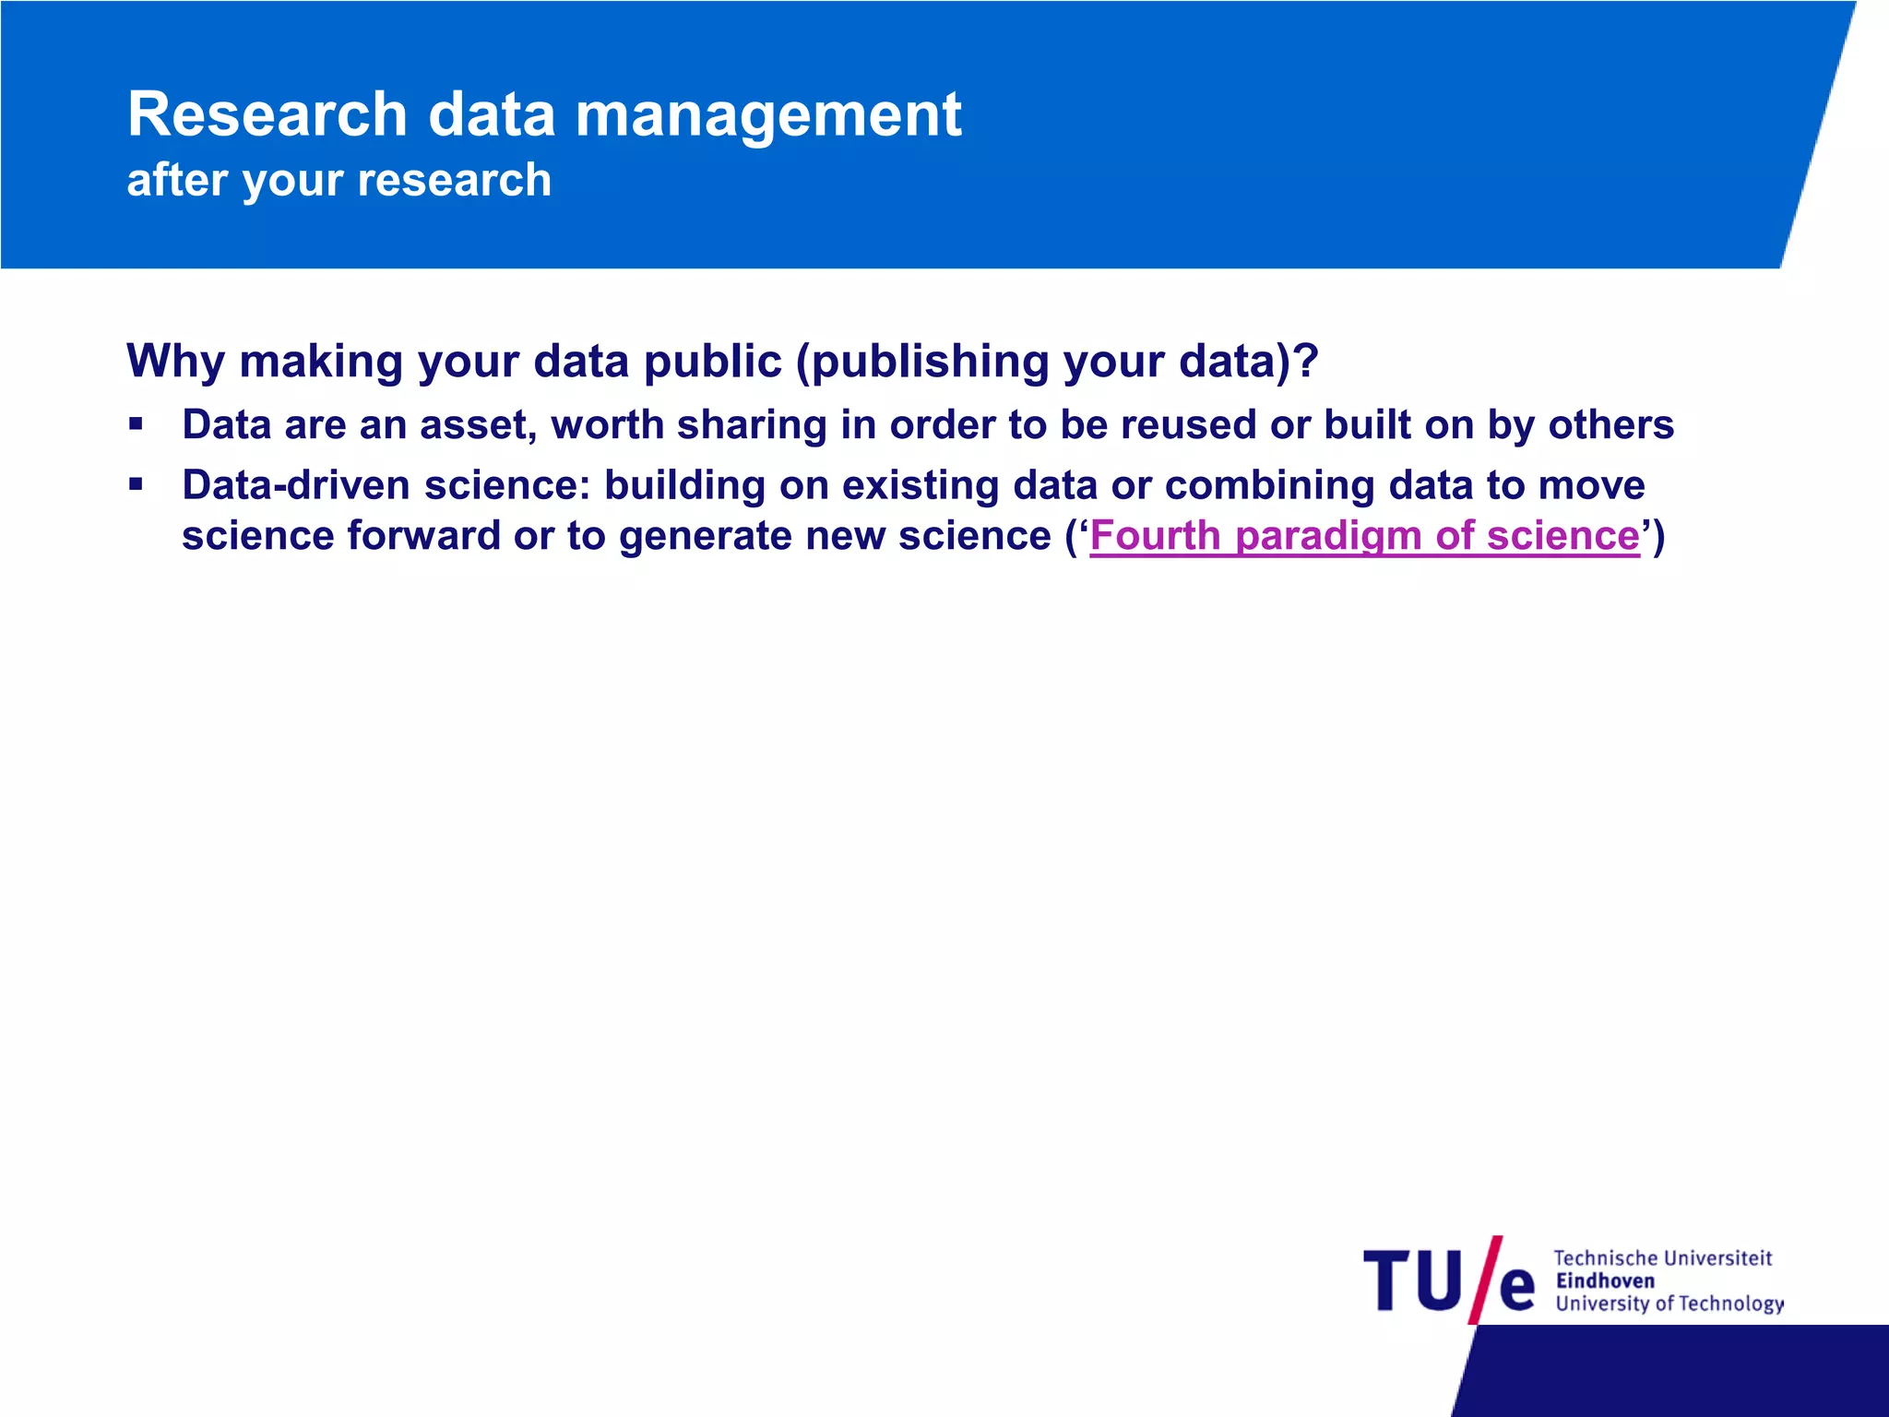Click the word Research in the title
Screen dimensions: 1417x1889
coord(267,115)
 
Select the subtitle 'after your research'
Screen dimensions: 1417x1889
coord(339,180)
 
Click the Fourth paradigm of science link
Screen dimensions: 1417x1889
coord(1364,536)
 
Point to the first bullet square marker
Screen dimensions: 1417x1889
coord(137,425)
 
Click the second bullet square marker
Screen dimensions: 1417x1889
coord(137,484)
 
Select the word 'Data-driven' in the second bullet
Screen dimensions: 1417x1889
coord(295,485)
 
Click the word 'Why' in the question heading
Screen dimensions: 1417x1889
coord(175,361)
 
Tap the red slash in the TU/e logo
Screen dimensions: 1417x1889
coord(1486,1280)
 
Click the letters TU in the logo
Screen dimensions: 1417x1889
coord(1412,1281)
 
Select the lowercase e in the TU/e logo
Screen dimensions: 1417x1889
coord(1517,1289)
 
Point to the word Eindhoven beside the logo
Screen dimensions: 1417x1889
coord(1605,1280)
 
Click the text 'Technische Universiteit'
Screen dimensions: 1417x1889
coord(1662,1258)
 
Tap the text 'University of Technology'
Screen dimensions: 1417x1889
coord(1669,1304)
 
